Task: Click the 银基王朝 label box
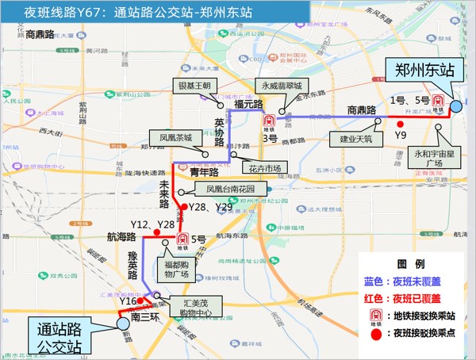click(192, 86)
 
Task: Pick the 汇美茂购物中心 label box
click(195, 306)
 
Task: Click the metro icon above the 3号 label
click(269, 122)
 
